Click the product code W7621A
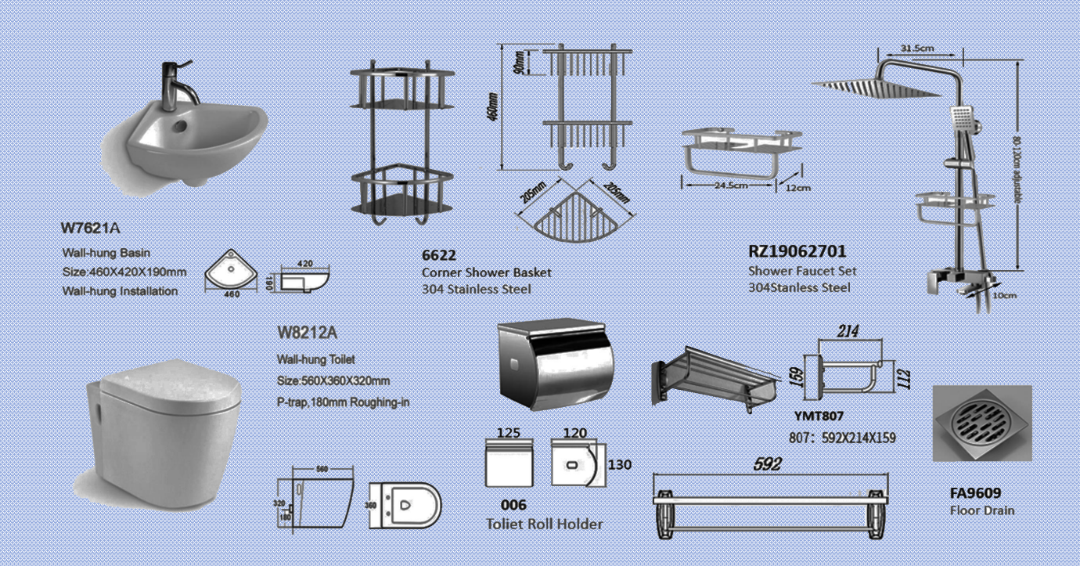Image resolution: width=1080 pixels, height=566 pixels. (91, 229)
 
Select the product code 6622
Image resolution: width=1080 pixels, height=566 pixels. (438, 255)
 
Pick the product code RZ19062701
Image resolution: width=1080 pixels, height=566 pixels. (797, 252)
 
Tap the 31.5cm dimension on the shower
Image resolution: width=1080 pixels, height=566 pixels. (917, 48)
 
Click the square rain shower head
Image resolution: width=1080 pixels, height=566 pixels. (876, 88)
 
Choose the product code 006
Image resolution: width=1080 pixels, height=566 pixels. (513, 505)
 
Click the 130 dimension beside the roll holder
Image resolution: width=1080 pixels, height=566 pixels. (619, 465)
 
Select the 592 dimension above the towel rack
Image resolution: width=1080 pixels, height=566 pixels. (767, 464)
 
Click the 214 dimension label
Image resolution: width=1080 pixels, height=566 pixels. (848, 331)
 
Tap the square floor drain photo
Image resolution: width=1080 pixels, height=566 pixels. (981, 424)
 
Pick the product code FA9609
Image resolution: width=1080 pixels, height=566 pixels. (975, 493)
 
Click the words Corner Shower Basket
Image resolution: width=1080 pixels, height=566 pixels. (486, 272)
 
